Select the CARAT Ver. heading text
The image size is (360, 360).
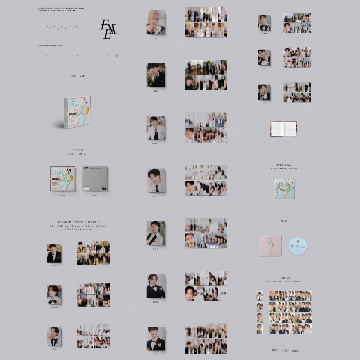78,76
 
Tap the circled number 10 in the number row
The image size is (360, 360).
116,56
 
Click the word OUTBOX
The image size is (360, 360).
78,150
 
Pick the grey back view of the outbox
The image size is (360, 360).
95,179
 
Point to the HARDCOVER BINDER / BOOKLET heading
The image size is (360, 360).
78,222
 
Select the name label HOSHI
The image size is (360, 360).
156,91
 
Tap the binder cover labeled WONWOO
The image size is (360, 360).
156,128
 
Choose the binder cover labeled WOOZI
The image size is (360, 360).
156,180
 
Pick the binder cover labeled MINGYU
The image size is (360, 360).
156,286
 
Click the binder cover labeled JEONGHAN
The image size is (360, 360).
54,295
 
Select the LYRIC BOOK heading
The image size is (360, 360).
284,165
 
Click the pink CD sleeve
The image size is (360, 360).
271,246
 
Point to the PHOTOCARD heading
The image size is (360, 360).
284,278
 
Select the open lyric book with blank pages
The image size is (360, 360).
283,129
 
